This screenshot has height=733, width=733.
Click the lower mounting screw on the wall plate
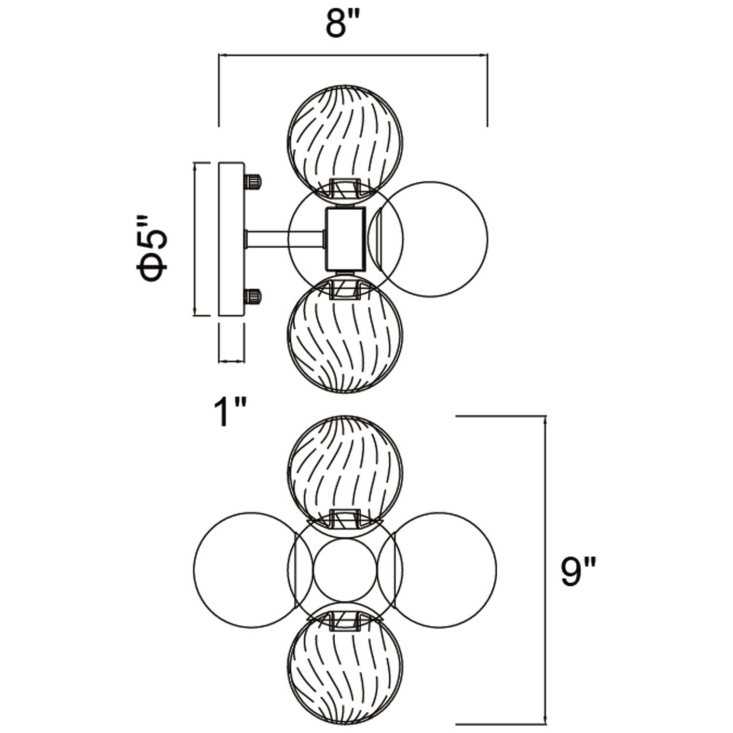pos(252,296)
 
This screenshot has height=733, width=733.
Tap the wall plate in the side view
pos(231,239)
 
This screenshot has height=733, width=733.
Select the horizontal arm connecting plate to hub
pos(285,239)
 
